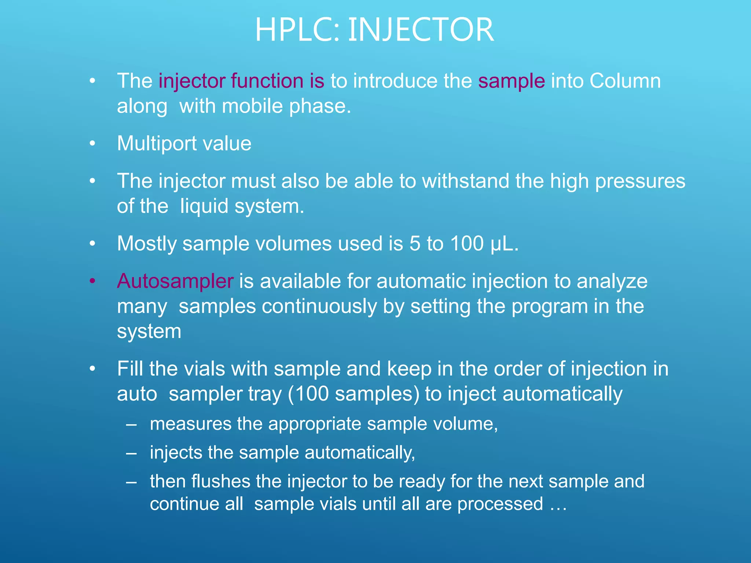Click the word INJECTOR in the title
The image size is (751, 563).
point(421,30)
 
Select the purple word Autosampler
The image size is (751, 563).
point(175,281)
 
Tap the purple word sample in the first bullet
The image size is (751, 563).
point(511,81)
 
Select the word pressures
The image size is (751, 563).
point(640,181)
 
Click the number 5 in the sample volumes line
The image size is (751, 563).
point(415,243)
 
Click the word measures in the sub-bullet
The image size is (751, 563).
point(190,424)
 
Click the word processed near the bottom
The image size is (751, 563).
point(500,504)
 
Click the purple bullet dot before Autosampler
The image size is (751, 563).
point(92,281)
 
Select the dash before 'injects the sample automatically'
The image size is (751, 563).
point(131,453)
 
